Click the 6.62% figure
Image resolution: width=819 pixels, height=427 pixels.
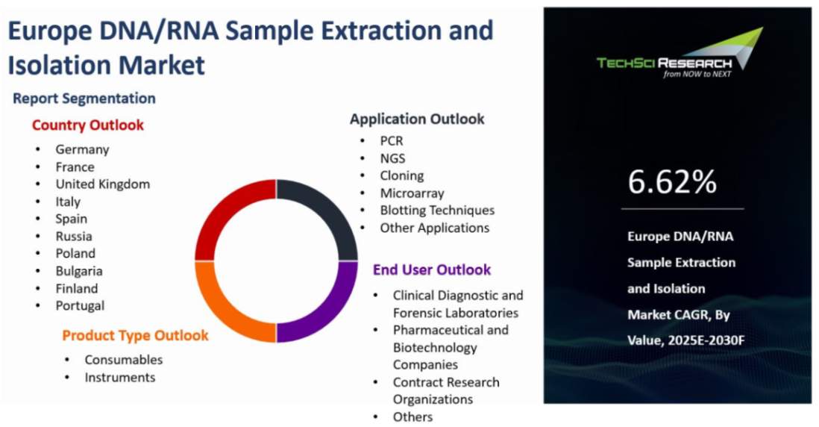[x=672, y=181]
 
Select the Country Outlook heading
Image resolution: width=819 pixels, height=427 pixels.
[x=88, y=125]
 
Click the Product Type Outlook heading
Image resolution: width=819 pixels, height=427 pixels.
[x=135, y=335]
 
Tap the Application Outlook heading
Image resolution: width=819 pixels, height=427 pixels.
[x=418, y=119]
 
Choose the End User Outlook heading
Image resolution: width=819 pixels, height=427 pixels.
[x=432, y=269]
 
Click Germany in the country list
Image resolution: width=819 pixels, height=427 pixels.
[x=83, y=149]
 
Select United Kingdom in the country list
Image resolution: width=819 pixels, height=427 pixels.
[x=103, y=184]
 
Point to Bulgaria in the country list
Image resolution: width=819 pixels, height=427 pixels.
[x=79, y=271]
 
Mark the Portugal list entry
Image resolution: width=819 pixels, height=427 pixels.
[x=80, y=306]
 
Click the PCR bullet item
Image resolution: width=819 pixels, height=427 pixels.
[x=392, y=141]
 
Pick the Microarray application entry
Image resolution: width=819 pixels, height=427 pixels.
[x=412, y=193]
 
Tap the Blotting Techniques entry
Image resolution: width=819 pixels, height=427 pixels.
[x=437, y=210]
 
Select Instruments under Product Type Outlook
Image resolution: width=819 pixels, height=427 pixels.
[x=120, y=377]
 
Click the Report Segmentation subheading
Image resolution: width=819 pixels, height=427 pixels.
[x=84, y=99]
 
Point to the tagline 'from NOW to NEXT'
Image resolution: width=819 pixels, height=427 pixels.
[x=697, y=74]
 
